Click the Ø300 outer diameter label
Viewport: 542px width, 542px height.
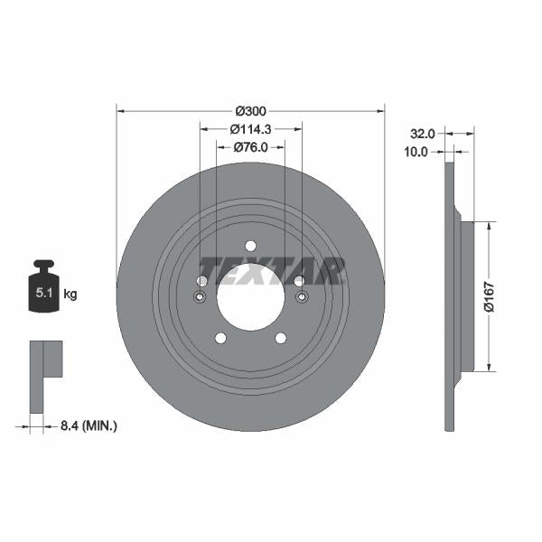[250, 111]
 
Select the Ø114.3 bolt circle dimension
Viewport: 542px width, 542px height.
[250, 129]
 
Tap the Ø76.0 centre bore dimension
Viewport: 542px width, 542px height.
[250, 147]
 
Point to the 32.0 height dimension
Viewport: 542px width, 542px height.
[422, 134]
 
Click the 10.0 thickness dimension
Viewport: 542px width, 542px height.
[416, 153]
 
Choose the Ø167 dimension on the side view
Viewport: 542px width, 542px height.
[489, 296]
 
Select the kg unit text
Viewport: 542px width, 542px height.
[70, 294]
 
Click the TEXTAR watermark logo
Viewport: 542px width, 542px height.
[272, 270]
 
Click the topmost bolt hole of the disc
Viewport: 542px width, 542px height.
[250, 246]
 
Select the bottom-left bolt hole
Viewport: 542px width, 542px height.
[220, 338]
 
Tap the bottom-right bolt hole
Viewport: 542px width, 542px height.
[281, 338]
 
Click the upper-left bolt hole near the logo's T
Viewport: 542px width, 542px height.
[201, 281]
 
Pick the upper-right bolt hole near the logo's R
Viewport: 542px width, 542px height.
[299, 281]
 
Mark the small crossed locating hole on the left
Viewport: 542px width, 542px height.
[200, 298]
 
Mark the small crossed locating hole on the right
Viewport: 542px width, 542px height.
[302, 298]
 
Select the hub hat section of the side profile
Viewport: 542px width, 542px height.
[465, 296]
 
